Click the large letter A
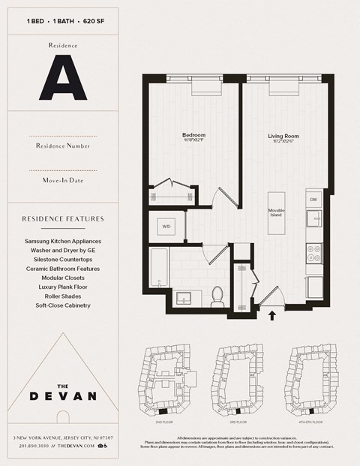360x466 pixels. [62, 77]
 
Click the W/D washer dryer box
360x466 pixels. [166, 225]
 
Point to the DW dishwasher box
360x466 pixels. [314, 199]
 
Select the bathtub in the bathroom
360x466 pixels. [158, 268]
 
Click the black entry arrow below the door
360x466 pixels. [272, 316]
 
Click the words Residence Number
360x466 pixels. [63, 146]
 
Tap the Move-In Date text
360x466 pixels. [63, 180]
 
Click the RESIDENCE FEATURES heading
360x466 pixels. [63, 219]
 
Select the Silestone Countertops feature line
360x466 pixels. [63, 260]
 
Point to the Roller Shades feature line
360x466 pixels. [63, 296]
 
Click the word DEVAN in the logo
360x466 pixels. [62, 395]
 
